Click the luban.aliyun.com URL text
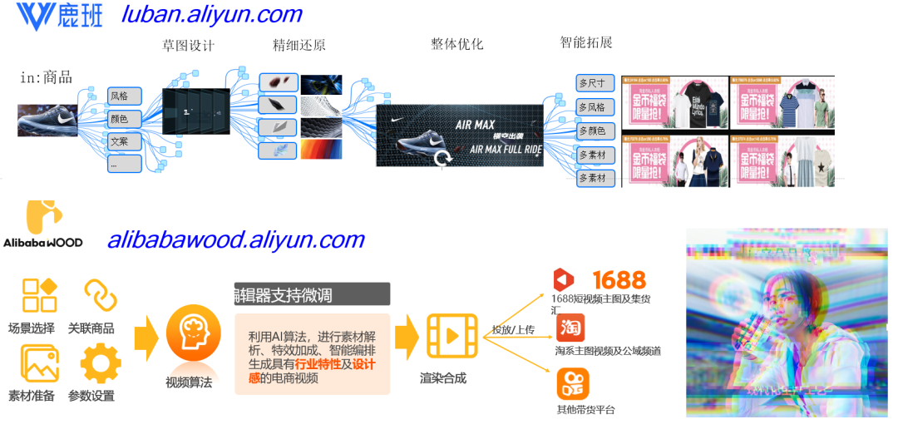[x=211, y=14]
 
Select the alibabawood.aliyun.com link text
[x=235, y=240]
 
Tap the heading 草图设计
[x=188, y=46]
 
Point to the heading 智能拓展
[x=586, y=42]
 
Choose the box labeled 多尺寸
[x=595, y=83]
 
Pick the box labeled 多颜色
[x=595, y=131]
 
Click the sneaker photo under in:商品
[x=47, y=120]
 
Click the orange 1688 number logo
[x=619, y=279]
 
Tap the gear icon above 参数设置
[x=101, y=363]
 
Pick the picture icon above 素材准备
[x=40, y=363]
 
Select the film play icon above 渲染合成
[x=451, y=336]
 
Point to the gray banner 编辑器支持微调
[x=312, y=293]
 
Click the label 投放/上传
[x=513, y=329]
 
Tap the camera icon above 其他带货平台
[x=572, y=383]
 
